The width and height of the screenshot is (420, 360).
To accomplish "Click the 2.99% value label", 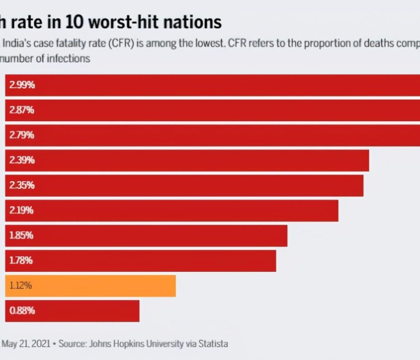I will [x=22, y=85].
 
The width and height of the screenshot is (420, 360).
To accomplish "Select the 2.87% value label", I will [x=22, y=110].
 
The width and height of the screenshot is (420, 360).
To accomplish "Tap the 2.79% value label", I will [x=22, y=136].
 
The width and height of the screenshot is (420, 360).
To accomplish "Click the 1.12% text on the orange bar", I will [x=21, y=286].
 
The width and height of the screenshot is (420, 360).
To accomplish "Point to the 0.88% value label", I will [x=22, y=311].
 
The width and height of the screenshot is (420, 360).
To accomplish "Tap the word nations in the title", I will [x=193, y=22].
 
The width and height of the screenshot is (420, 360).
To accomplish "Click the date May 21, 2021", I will [x=26, y=344].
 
